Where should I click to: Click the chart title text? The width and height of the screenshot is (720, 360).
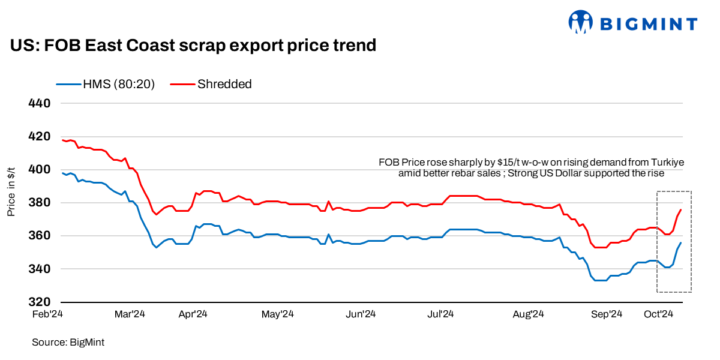[x=193, y=46]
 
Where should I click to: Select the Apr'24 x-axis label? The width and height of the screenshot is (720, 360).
[x=193, y=314]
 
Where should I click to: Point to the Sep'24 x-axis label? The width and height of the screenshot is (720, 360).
[x=607, y=314]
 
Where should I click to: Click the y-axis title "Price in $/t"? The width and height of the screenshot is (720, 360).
[x=12, y=191]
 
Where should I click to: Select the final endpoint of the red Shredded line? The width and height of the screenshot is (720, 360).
[x=681, y=209]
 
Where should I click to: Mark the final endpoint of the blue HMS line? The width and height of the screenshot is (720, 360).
[x=681, y=242]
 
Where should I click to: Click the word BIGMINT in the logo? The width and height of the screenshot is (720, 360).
[x=648, y=24]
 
